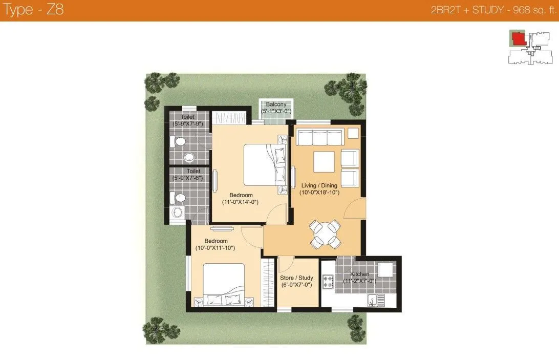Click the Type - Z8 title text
click(33, 10)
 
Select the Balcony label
click(276, 104)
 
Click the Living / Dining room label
click(319, 185)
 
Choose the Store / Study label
click(296, 278)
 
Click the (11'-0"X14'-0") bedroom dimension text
click(240, 202)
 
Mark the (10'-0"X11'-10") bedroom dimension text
click(215, 248)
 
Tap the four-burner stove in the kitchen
click(328, 282)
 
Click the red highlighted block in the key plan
click(519, 38)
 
